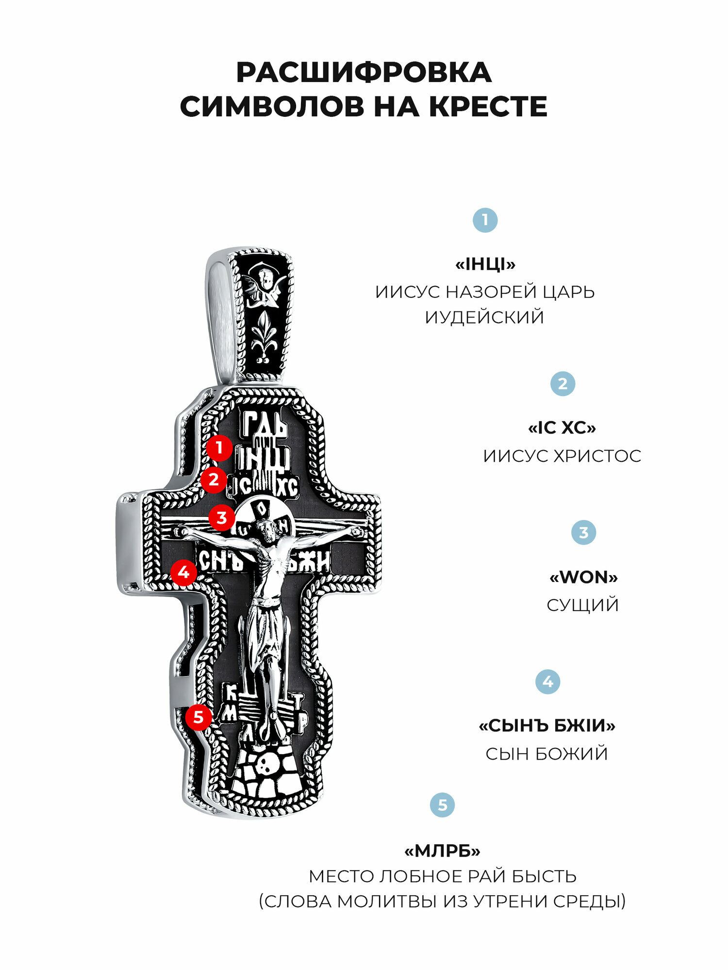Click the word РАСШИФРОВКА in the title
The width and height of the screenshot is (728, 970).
click(364, 73)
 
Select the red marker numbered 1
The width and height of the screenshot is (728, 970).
click(219, 448)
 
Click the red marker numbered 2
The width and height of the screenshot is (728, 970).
click(214, 480)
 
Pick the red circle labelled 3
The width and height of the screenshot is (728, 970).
click(221, 517)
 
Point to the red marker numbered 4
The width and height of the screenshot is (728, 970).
click(183, 573)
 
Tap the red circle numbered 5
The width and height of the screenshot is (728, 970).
click(198, 717)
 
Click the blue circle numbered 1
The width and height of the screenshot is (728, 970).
click(485, 220)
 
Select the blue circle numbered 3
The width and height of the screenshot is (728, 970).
click(583, 533)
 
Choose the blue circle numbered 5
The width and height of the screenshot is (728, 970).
click(442, 805)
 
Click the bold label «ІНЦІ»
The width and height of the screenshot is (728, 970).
click(485, 265)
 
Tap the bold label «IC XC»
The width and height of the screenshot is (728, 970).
click(562, 428)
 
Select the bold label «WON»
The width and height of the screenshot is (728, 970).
click(583, 578)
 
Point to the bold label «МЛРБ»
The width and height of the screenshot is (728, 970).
click(442, 851)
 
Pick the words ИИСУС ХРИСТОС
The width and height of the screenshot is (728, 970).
click(562, 456)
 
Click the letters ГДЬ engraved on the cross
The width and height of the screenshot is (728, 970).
click(265, 424)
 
